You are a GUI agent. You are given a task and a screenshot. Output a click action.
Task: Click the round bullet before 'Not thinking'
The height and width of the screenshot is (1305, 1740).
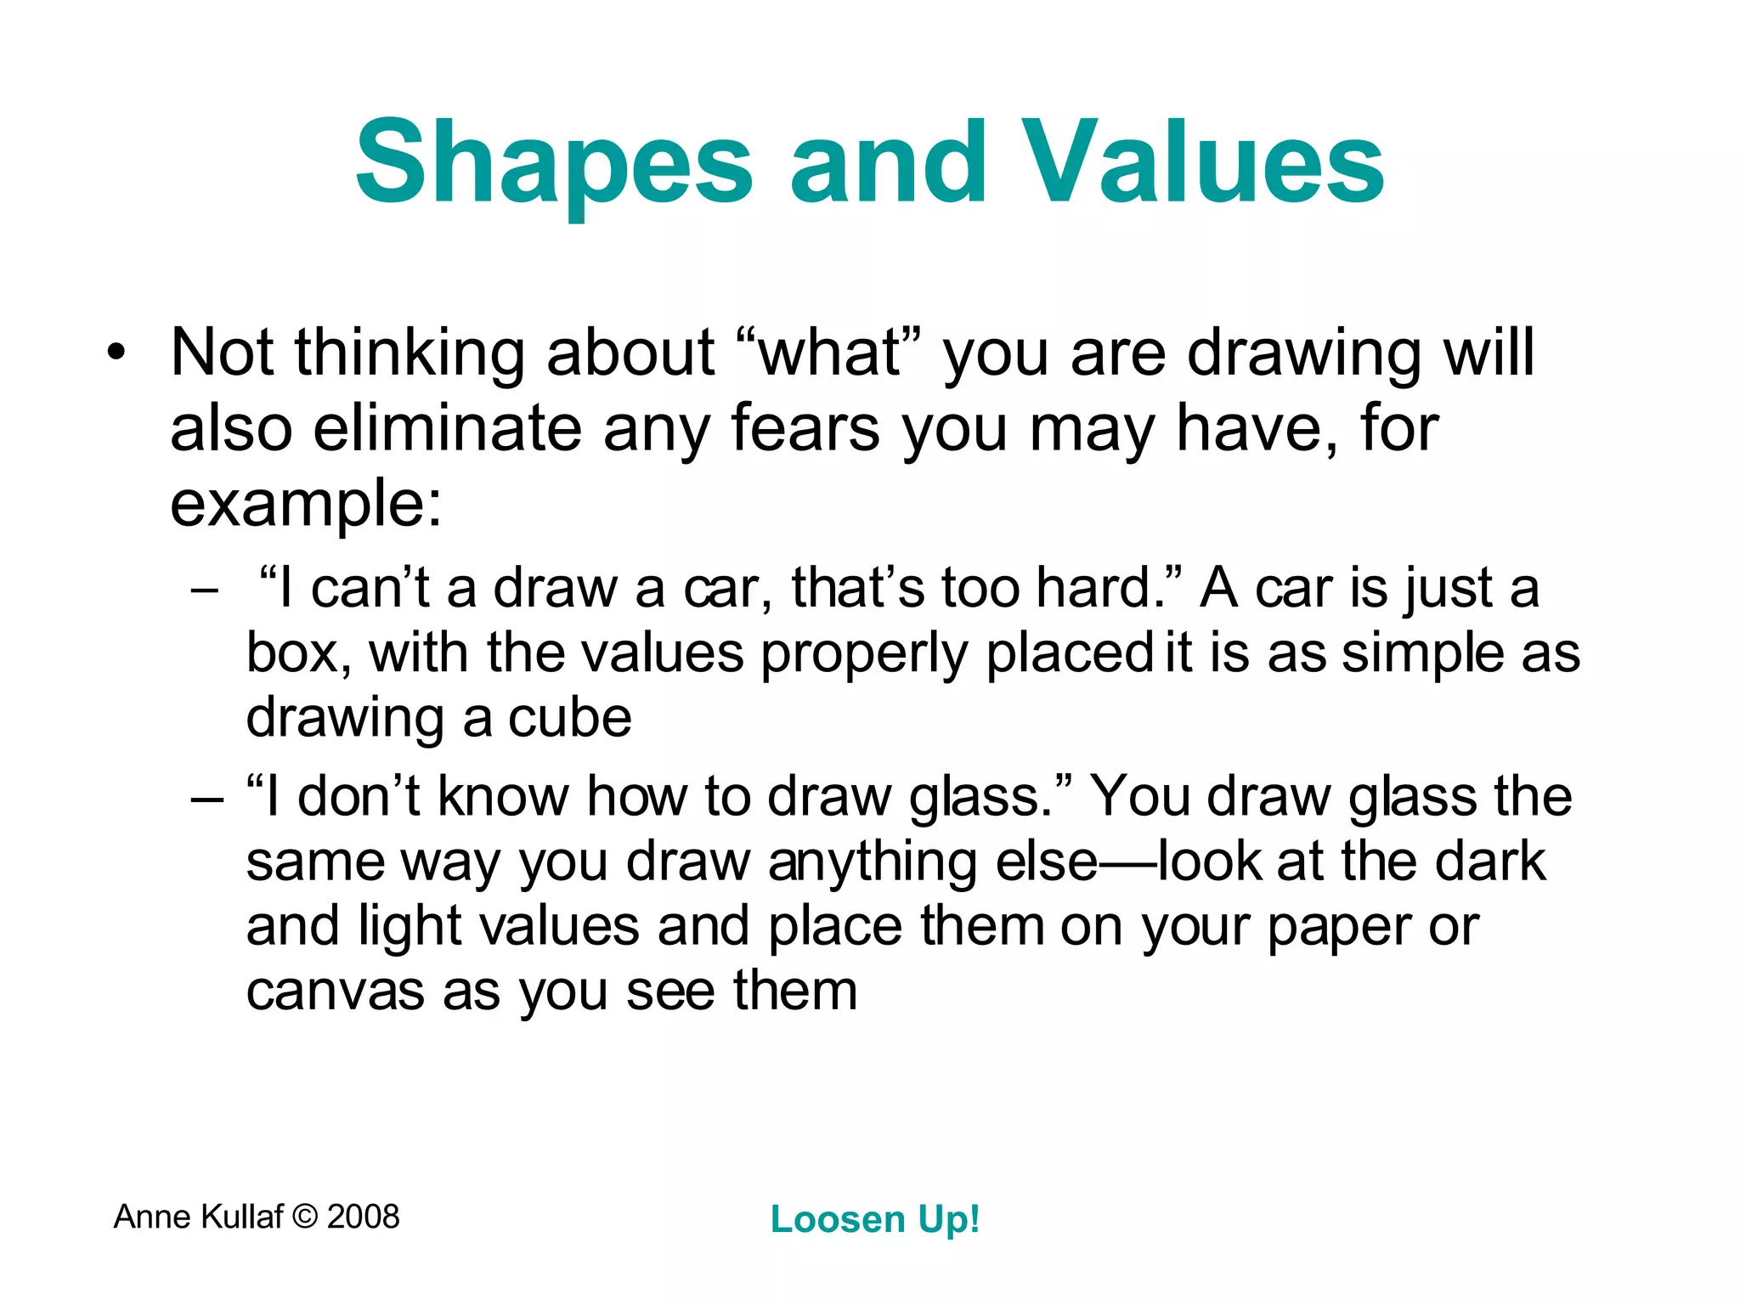(116, 353)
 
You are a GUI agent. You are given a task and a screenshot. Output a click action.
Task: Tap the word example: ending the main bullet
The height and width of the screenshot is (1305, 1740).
(306, 503)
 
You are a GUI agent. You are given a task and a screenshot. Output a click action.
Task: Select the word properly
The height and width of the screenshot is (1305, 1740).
(863, 654)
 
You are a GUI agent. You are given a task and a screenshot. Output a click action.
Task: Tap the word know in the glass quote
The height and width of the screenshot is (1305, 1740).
(502, 796)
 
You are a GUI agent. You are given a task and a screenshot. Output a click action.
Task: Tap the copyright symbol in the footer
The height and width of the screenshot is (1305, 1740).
(304, 1217)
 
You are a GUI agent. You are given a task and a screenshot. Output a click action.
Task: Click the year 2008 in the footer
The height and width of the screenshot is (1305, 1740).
(363, 1217)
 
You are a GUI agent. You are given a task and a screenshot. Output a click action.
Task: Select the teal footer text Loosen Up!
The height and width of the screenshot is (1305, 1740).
(875, 1219)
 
